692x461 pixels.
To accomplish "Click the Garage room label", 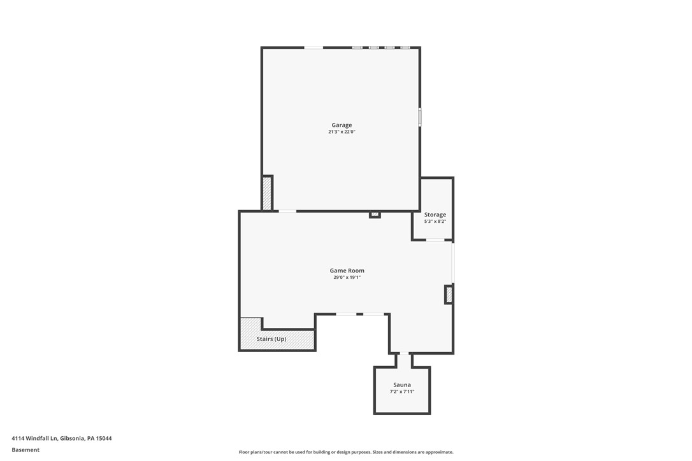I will tap(342, 125).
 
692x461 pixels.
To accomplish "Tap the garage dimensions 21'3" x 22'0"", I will tap(342, 132).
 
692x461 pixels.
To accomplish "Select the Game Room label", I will tap(347, 271).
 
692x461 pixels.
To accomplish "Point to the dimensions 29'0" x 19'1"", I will tap(347, 278).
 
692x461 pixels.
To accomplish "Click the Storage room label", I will tap(435, 215).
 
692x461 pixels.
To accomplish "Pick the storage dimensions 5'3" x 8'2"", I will tap(435, 222).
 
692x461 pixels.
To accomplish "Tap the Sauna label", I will tap(402, 385).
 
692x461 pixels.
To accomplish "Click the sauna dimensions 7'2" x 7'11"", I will tap(402, 392).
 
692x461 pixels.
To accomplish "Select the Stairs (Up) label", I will tap(271, 339).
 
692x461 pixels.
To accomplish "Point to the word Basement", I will tap(25, 450).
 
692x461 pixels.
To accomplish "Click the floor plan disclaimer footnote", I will tap(346, 452).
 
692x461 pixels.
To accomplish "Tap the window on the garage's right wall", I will tap(419, 117).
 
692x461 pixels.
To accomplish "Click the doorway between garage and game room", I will tap(287, 211).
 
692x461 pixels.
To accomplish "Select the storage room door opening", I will tap(435, 240).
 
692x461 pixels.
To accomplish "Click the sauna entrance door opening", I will tap(404, 353).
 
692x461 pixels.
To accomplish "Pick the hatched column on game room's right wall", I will tap(449, 294).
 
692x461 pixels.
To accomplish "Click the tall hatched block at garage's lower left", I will tap(267, 193).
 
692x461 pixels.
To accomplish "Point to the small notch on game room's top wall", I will tap(375, 215).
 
